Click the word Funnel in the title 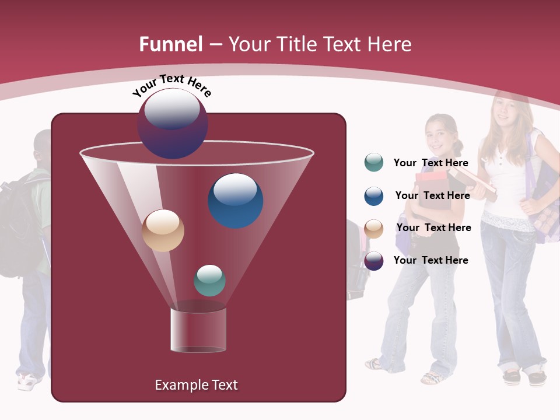171,44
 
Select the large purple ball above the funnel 173,123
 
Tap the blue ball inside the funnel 235,200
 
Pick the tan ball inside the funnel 163,230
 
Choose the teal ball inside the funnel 209,280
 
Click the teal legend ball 373,163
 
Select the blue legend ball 373,195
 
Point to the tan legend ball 373,228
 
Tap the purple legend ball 373,261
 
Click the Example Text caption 196,385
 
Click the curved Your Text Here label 171,85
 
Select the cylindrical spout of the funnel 198,330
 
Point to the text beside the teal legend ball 430,163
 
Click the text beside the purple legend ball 430,260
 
